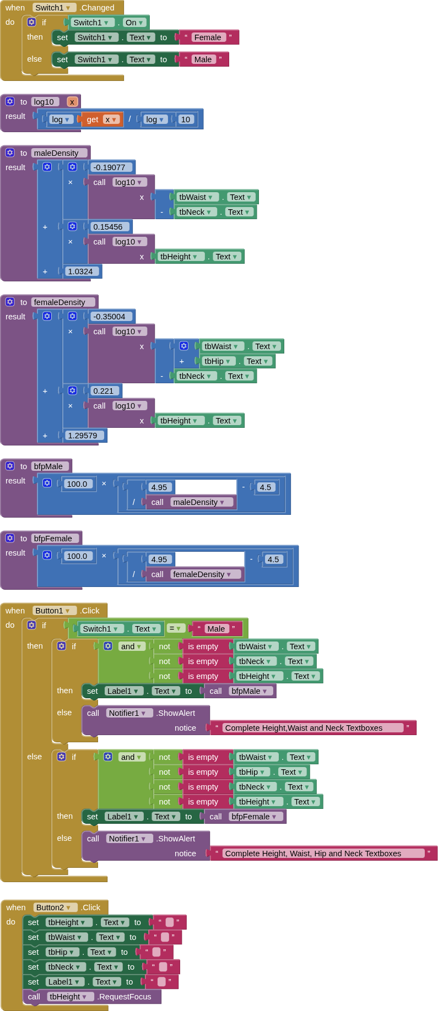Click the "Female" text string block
coord(207,37)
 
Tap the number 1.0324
coord(80,271)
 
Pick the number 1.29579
coord(82,436)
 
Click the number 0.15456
coord(107,227)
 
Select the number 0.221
coord(103,391)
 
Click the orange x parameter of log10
coord(72,102)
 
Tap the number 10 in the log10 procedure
coord(186,119)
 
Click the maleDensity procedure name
coord(56,153)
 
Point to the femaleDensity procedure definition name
coord(60,302)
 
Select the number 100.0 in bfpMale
coord(77,484)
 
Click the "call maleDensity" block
coord(190,502)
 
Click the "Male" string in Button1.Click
coord(216,629)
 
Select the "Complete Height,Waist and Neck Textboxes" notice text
coord(304,728)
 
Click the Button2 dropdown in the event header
coord(53,907)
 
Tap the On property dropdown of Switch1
coord(134,23)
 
